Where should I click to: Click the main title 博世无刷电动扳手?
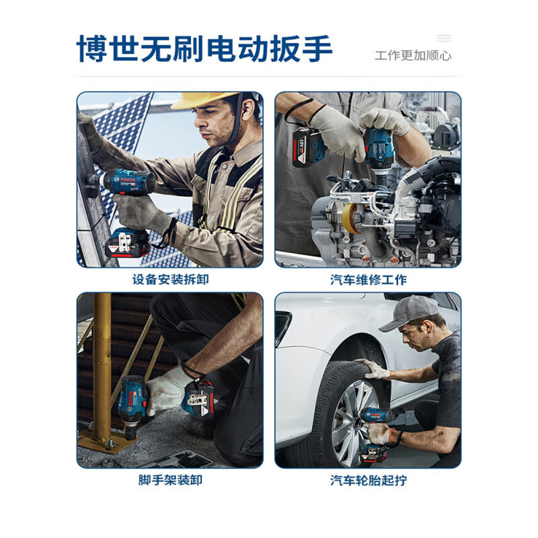click(204, 48)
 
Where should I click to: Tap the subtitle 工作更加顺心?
click(412, 56)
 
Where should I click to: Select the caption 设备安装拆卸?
click(170, 279)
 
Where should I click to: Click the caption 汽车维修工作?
click(368, 279)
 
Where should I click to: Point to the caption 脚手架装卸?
click(170, 480)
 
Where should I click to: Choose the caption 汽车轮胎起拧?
click(368, 480)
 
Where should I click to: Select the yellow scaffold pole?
click(102, 363)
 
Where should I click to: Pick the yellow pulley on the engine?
click(350, 219)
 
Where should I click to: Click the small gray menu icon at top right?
click(444, 38)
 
